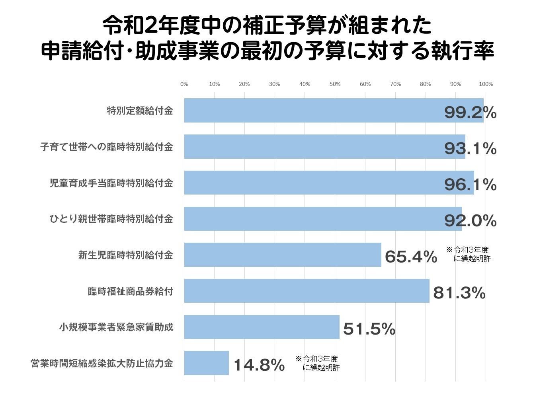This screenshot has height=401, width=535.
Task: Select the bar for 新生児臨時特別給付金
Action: pos(283,255)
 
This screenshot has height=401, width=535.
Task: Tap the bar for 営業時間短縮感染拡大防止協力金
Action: pos(206,363)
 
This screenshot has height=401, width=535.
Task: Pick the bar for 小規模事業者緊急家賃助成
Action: pos(262,327)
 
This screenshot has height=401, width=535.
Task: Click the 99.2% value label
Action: pos(470,113)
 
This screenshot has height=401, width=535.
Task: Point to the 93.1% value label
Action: pos(470,149)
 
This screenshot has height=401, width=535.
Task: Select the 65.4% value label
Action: pos(411,257)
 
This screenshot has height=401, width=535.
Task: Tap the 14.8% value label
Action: pos(259,365)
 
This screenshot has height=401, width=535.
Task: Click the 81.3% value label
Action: pos(459,293)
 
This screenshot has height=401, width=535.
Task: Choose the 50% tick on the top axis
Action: pos(335,84)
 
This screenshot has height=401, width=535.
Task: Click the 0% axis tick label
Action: pos(184,84)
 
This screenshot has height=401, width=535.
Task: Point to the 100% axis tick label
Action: pos(486,84)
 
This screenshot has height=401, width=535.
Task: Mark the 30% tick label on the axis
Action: pos(274,84)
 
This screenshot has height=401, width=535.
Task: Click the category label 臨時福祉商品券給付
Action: pos(131,291)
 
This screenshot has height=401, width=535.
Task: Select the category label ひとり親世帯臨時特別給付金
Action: pos(111,219)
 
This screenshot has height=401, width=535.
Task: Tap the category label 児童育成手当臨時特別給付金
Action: pos(111,183)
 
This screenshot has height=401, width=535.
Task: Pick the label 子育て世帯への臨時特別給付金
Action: pos(106,147)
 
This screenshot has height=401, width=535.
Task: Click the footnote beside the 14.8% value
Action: pos(318,363)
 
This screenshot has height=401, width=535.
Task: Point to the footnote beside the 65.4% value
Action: pos(469,254)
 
